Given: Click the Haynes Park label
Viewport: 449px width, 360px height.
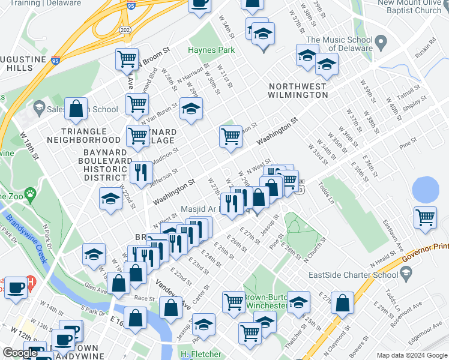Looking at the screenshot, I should pos(206,50).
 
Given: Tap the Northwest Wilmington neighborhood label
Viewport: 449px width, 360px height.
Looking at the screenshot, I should pos(297,91).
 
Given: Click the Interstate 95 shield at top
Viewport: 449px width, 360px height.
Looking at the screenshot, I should pos(131,6).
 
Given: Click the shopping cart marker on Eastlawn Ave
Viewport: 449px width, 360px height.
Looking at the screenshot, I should pos(426,217).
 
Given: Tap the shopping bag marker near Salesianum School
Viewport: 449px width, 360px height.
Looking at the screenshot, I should pos(76,110).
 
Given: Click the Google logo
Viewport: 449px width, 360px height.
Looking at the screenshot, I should pos(20,353).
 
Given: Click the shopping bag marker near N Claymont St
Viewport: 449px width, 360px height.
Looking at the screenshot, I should pos(342,304).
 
